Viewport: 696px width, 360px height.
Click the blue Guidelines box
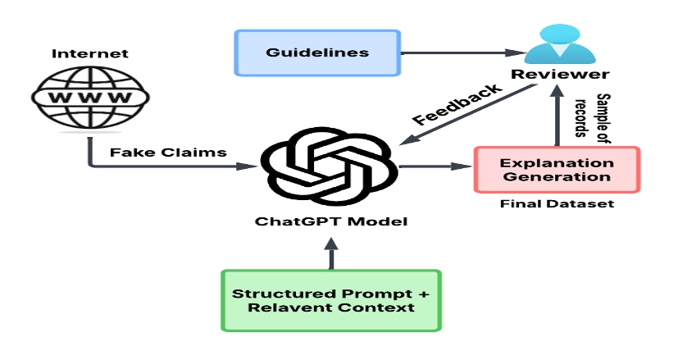coord(318,53)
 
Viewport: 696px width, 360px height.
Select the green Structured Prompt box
coord(331,300)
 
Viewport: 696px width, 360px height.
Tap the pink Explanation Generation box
coord(557,170)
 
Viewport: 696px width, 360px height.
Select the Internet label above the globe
coord(80,54)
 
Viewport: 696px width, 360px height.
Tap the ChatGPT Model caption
coord(330,221)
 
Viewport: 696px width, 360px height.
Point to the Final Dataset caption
coord(557,203)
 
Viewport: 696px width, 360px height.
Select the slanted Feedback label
coord(457,104)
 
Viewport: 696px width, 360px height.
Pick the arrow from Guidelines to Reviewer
coord(459,54)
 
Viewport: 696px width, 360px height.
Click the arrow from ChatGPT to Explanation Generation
coord(434,167)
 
